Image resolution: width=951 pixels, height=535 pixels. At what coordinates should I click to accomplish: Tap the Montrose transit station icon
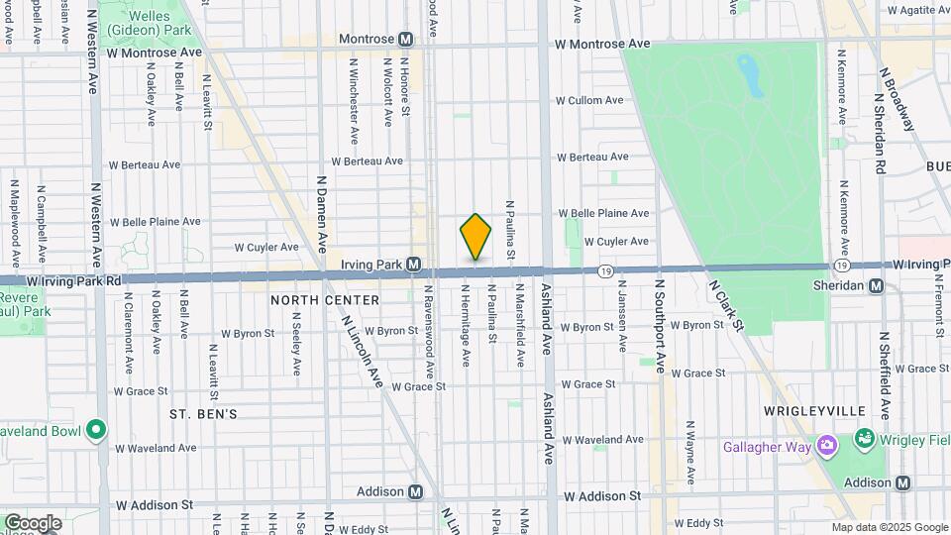(x=405, y=39)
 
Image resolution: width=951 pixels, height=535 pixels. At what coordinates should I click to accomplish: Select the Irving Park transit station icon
(x=414, y=266)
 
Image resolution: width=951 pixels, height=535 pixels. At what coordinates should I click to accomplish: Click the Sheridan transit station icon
(x=876, y=285)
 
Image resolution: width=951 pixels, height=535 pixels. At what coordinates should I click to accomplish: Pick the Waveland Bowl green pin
(x=96, y=429)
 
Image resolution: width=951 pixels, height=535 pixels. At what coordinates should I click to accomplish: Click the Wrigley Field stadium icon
(x=864, y=438)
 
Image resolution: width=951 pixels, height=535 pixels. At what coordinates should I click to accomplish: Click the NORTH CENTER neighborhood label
(x=325, y=300)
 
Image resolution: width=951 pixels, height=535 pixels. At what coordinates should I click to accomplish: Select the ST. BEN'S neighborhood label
(x=202, y=413)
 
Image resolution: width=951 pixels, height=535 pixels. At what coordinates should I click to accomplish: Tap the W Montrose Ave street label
(x=602, y=45)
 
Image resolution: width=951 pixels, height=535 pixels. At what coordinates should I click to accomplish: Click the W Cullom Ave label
(x=588, y=100)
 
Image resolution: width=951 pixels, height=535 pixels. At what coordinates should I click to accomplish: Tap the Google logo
(x=33, y=523)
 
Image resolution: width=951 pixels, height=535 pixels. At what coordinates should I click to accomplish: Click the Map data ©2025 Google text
(x=889, y=527)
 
